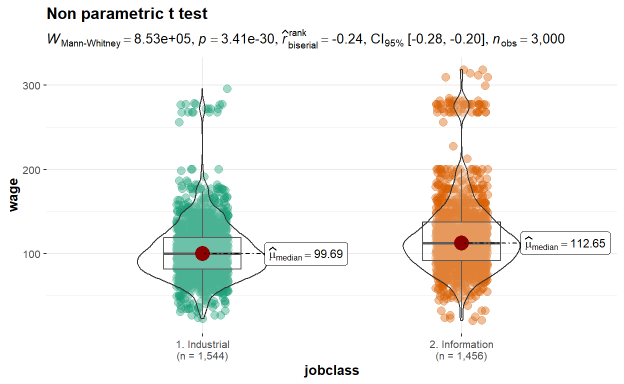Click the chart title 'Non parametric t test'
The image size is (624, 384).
[127, 14]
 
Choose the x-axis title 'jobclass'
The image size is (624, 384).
[331, 370]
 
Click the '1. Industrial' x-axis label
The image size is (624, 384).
[202, 344]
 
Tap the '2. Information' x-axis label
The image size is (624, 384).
[461, 344]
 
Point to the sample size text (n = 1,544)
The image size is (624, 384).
[202, 356]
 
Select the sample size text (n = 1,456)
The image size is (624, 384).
[461, 356]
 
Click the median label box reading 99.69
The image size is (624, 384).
[306, 254]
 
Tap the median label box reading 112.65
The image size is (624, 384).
[565, 244]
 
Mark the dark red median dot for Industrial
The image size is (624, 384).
[202, 253]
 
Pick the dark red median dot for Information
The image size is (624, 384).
[461, 242]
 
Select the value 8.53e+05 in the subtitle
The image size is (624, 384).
[160, 39]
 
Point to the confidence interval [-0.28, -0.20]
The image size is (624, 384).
[442, 39]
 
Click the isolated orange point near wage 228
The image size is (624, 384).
[453, 146]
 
